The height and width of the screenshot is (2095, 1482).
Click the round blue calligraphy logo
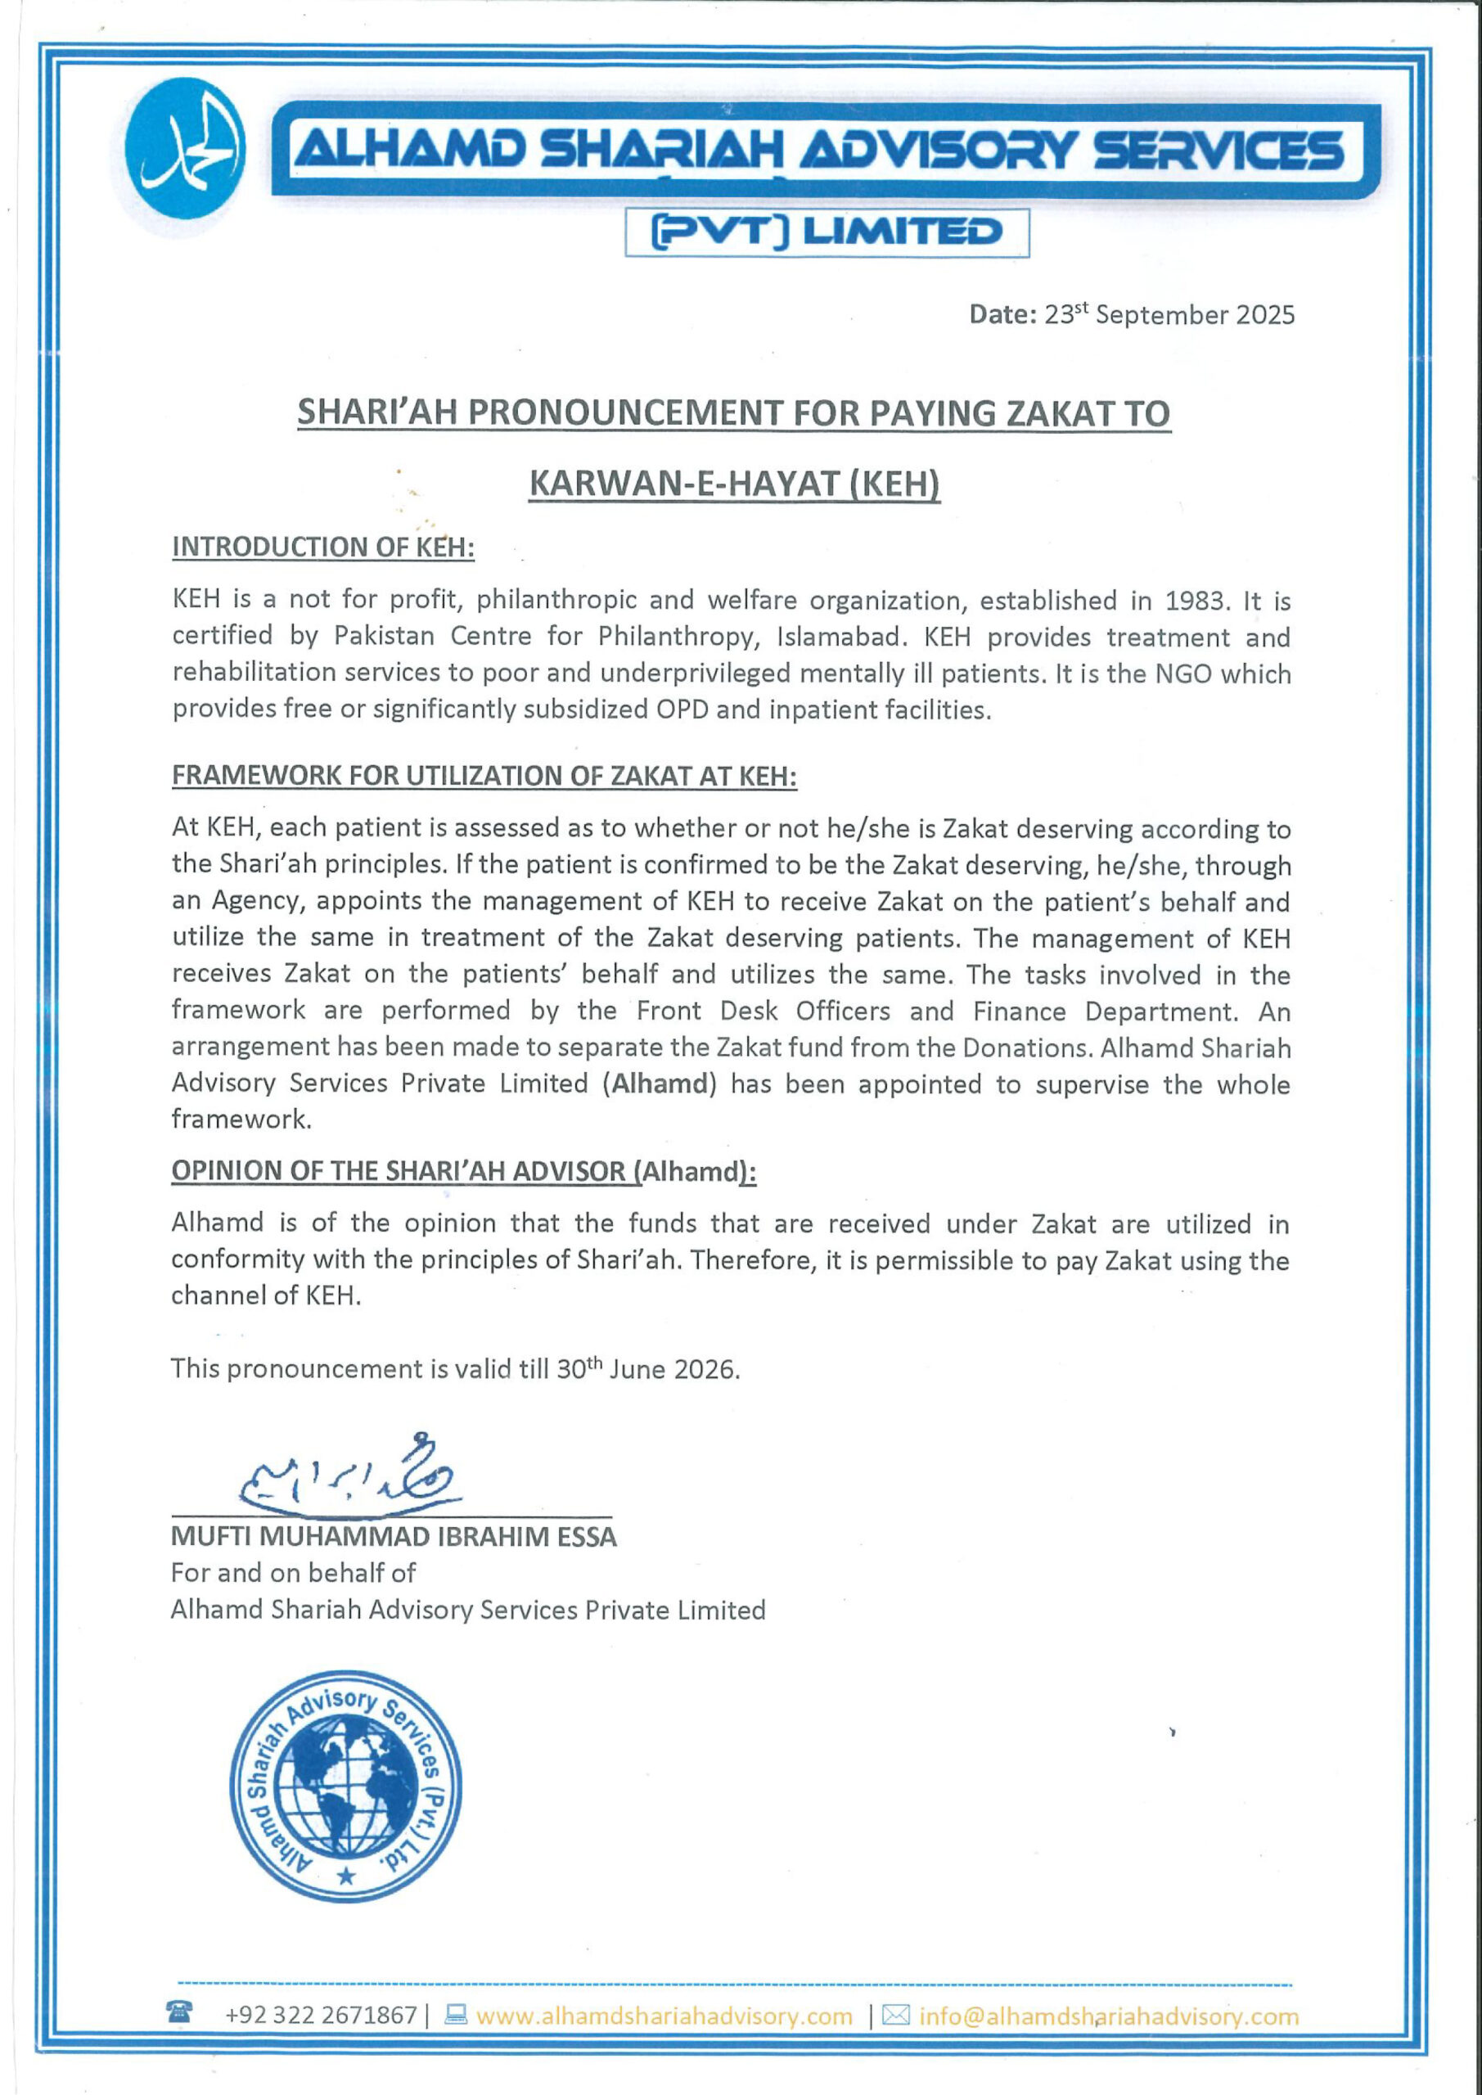click(184, 149)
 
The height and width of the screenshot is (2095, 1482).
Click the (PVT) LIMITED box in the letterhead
click(827, 232)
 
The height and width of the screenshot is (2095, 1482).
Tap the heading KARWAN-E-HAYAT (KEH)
click(735, 484)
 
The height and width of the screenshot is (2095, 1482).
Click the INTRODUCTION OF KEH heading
click(323, 547)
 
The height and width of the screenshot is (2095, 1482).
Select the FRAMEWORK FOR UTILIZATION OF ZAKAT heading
click(484, 776)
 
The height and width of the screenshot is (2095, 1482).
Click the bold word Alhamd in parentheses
click(660, 1084)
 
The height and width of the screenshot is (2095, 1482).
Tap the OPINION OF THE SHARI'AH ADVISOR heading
click(463, 1171)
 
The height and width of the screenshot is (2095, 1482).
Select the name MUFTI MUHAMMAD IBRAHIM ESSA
click(394, 1537)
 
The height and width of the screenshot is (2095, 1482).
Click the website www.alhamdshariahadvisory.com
click(664, 2016)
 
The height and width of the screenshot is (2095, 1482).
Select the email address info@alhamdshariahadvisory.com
click(1108, 2016)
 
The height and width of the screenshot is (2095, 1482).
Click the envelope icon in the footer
click(896, 2015)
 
